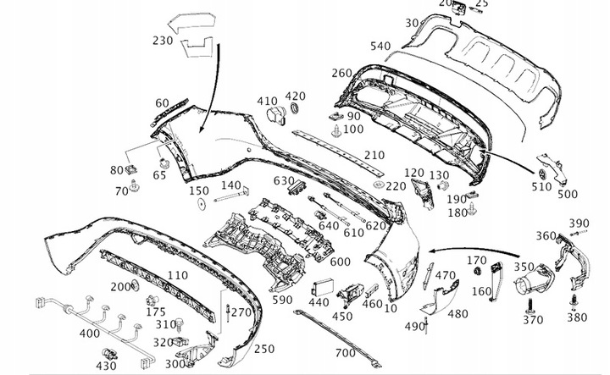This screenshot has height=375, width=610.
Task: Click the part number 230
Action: [x=164, y=39]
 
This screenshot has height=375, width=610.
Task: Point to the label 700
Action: [x=345, y=351]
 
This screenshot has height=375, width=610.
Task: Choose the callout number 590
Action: [x=281, y=300]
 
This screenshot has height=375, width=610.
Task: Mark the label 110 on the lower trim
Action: [x=177, y=275]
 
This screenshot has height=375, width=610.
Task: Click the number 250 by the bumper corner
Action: [x=264, y=348]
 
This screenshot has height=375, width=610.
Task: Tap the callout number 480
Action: [x=457, y=313]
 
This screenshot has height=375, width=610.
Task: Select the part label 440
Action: [x=319, y=302]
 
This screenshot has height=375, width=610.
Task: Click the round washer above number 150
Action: [x=200, y=204]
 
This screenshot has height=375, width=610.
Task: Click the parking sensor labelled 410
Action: [x=274, y=116]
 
